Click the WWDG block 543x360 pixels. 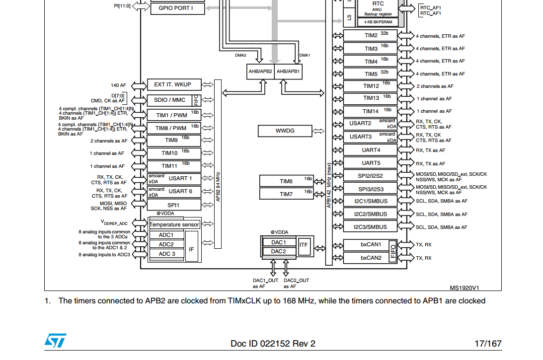pos(285,131)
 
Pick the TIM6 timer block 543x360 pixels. pos(286,181)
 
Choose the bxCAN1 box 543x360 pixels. pos(371,245)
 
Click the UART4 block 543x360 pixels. pos(371,150)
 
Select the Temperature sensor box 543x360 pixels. pos(174,224)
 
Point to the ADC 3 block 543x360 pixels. pos(167,254)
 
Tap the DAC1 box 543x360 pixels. pos(279,242)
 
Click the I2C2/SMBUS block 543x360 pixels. pos(371,214)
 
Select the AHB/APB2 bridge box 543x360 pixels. pos(260,72)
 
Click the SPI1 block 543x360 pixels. pos(174,205)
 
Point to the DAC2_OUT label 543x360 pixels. pos(297,281)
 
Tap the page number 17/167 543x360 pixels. pos(488,344)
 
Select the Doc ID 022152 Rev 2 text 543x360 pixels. pos(273,344)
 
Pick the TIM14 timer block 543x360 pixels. pos(371,111)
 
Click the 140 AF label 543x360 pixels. pos(119,85)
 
